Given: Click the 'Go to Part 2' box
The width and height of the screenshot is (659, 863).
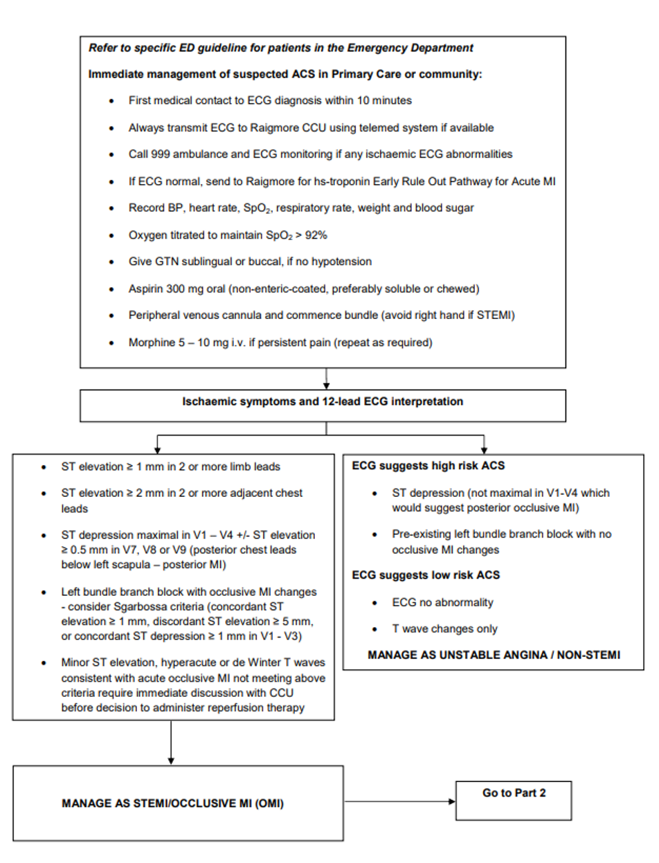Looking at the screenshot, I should pos(514,793).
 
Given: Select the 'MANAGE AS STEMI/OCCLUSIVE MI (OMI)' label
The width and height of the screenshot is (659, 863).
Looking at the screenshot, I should pos(172,804).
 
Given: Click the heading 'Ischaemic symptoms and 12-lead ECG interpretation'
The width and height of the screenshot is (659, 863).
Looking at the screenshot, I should pos(323,401).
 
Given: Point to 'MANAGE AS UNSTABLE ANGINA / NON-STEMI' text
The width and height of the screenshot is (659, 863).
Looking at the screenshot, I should pos(494,654).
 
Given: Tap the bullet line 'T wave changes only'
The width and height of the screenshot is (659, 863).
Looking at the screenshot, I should pos(444,628).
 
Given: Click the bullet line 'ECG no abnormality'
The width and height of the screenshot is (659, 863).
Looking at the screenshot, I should pos(442,603).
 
